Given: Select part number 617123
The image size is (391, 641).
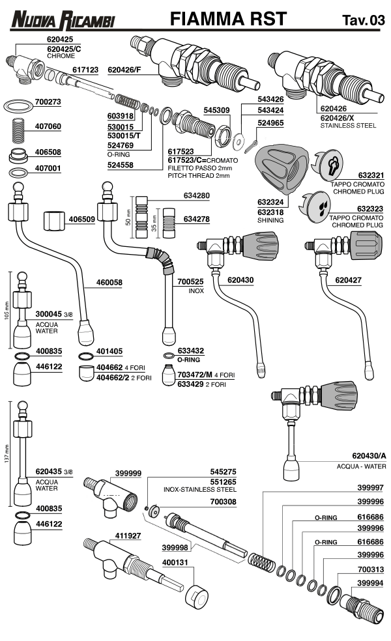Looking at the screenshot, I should pos(85,68).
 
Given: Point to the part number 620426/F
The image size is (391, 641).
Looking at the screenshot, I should pos(124,68).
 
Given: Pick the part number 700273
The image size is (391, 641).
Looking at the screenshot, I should pos(48,102).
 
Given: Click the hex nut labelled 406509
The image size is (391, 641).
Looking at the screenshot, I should pos(56,220).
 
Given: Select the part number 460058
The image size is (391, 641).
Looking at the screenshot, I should pos(109,282).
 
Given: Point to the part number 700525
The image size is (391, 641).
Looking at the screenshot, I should pos(190,281).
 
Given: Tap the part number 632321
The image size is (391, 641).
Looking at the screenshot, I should pos(366,175).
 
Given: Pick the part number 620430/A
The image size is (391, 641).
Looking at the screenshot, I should pos(368,456).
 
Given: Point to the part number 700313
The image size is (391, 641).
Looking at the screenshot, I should pos(370,568).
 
